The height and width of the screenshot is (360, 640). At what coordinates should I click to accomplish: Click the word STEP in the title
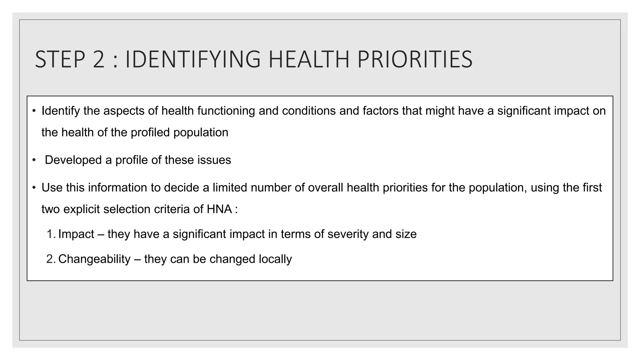pos(60,59)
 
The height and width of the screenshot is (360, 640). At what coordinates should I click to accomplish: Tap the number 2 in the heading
pos(98,59)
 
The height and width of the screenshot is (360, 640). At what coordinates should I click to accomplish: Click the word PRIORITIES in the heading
pos(415,59)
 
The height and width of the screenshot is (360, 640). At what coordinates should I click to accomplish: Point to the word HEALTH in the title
pos(309,59)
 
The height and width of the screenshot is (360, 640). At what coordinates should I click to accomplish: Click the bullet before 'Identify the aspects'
pos(34,111)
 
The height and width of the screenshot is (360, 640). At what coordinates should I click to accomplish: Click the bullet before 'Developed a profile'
pos(34,160)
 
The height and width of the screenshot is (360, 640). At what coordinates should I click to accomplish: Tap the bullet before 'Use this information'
pos(34,188)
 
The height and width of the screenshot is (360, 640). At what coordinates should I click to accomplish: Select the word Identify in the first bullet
pos(61,111)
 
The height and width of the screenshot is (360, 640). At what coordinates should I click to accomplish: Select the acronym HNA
pos(219,209)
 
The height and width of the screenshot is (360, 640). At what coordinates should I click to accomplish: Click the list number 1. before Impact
pos(51,234)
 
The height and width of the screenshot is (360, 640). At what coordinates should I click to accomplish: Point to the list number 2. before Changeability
pos(51,259)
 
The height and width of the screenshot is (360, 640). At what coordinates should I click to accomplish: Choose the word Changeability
pos(94,259)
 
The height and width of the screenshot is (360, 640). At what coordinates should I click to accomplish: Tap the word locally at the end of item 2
pos(275,259)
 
